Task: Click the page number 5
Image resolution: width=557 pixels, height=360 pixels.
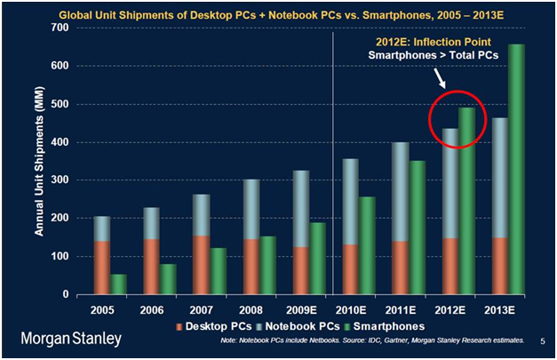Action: click(542, 340)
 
